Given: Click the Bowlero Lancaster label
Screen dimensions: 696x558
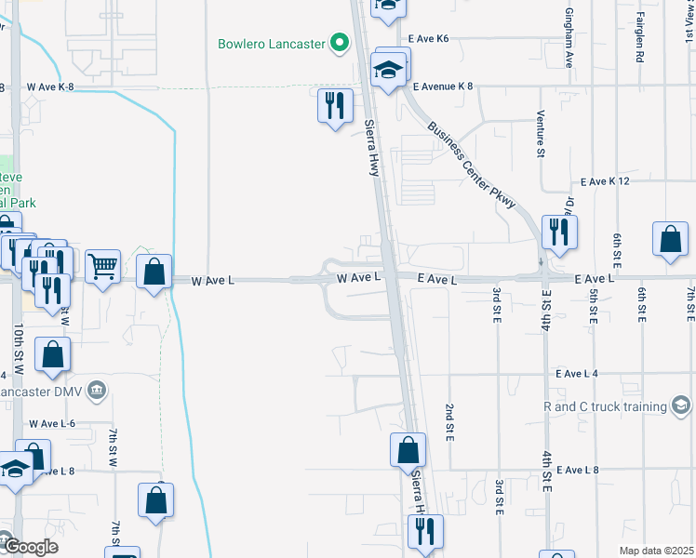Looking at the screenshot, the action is tap(271, 43).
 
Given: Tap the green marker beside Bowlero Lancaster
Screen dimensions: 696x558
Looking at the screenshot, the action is tap(341, 43).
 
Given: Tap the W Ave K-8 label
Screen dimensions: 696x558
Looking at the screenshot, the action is tap(50, 86).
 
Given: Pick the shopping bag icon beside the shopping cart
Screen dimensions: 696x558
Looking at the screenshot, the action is tap(154, 272).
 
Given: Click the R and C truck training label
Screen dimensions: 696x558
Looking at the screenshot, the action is tap(604, 406).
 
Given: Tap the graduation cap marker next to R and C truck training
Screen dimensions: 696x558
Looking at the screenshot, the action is tap(681, 405).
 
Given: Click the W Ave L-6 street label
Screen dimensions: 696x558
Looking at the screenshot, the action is tap(51, 423).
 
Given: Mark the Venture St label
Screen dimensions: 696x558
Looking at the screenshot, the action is tap(540, 134).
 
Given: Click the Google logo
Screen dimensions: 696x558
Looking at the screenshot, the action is tap(30, 547).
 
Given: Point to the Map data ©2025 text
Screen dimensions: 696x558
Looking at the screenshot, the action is tap(656, 551).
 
